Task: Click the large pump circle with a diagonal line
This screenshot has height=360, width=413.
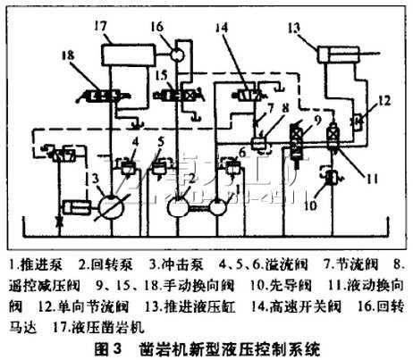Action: pos(113,206)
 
